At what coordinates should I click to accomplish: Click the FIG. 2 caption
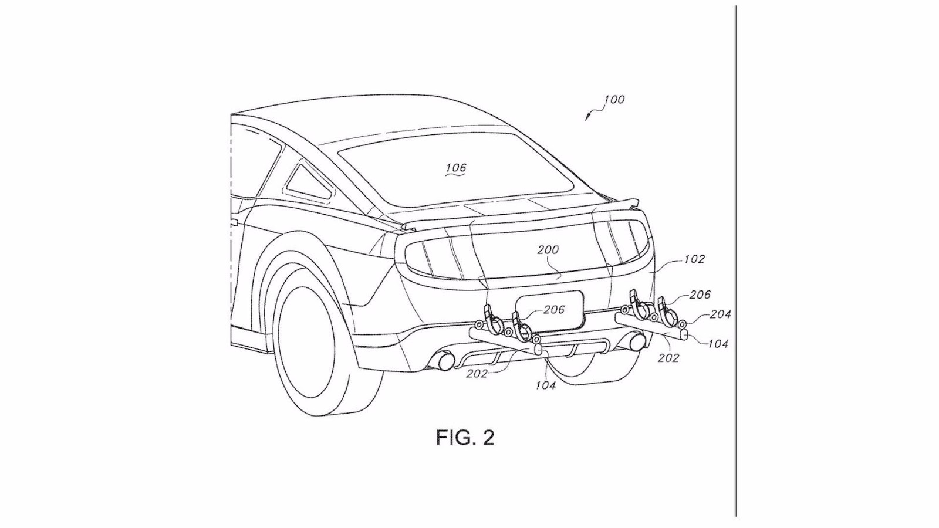465,438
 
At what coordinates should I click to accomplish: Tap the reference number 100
614,100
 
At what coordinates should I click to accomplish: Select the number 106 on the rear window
455,168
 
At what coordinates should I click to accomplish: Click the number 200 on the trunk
548,249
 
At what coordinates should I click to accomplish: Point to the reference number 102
694,259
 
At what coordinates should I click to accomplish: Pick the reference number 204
720,314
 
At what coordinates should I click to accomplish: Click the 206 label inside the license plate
553,310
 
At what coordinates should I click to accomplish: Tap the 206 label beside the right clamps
700,295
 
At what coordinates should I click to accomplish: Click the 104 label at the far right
717,344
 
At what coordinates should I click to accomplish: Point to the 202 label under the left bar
477,374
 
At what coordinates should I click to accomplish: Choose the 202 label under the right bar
668,357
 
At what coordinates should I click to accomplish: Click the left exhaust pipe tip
444,361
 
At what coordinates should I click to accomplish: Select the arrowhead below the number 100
586,119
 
